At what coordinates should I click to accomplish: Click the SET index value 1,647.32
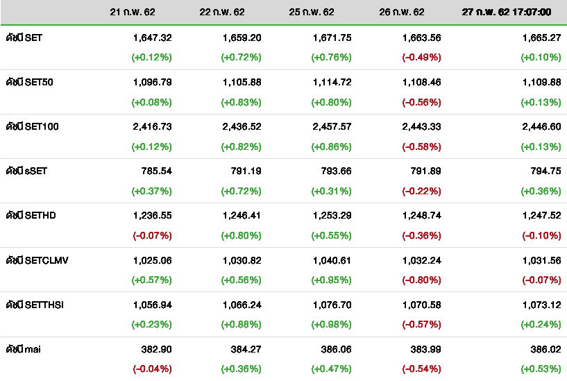coord(152,37)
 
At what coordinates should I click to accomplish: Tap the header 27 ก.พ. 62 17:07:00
coord(507,12)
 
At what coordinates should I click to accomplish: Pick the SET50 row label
coord(30,82)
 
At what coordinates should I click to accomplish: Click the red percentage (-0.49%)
coord(421,58)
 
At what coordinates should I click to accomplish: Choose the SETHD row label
coord(31,215)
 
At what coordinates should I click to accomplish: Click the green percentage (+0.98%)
coord(332,324)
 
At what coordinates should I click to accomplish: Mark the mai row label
coord(24,348)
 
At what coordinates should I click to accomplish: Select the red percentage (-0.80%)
coord(421,280)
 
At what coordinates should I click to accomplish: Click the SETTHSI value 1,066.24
coord(242,304)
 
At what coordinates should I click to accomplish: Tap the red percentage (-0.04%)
coord(151,369)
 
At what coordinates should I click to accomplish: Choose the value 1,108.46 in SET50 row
coord(421,82)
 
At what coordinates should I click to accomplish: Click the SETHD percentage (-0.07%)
coord(151,235)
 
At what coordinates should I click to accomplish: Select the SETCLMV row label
coord(37,260)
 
